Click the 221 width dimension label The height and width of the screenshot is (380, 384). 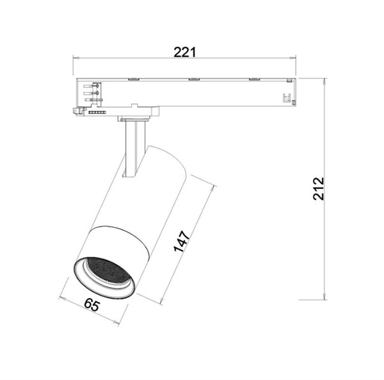click(185, 52)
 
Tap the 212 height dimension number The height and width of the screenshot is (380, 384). click(319, 188)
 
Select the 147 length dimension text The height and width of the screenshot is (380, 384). click(182, 241)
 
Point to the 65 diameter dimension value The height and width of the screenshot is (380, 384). click(92, 305)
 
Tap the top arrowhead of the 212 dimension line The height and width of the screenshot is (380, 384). click(324, 81)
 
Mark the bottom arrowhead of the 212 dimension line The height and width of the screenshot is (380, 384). click(324, 296)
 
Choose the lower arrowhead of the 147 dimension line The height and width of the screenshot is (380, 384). click(162, 301)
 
